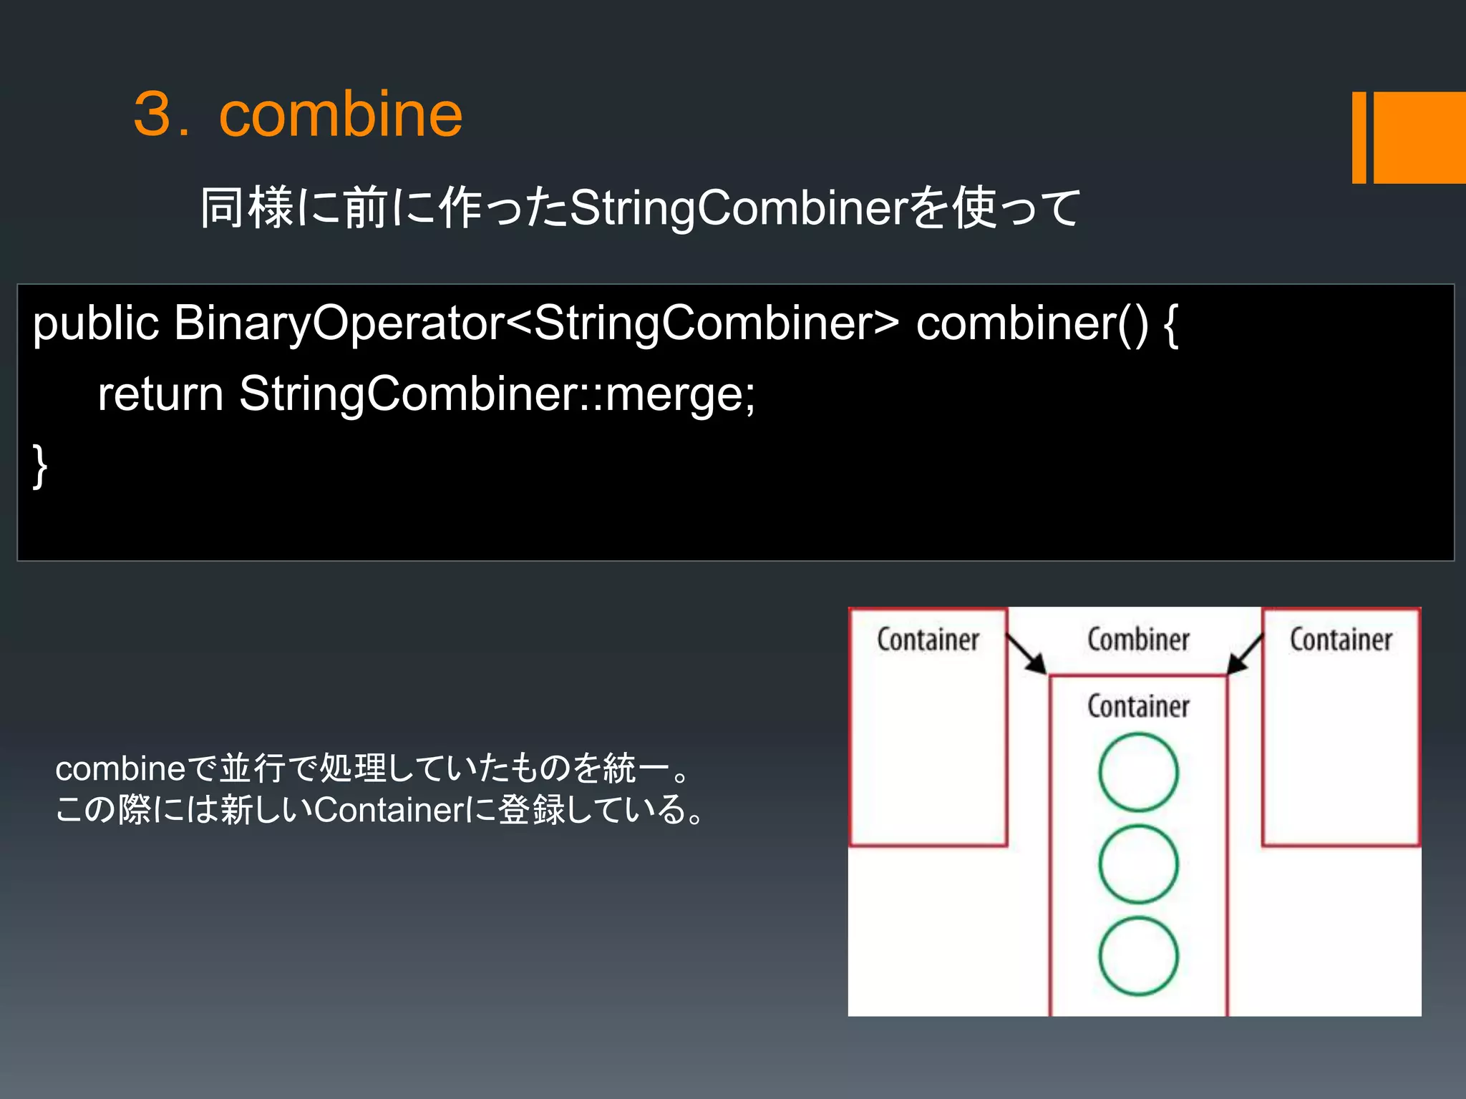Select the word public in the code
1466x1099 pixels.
point(95,323)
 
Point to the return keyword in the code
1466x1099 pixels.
point(160,394)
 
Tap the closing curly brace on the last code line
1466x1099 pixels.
point(40,465)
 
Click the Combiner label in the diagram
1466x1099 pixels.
point(1138,640)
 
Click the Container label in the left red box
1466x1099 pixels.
point(928,640)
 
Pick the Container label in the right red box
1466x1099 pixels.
point(1341,640)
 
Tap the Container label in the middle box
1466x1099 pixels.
point(1138,706)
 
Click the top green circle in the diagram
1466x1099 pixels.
point(1138,773)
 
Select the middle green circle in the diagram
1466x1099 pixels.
point(1138,864)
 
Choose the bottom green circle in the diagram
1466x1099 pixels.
point(1138,957)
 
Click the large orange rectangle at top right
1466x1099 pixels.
point(1419,137)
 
